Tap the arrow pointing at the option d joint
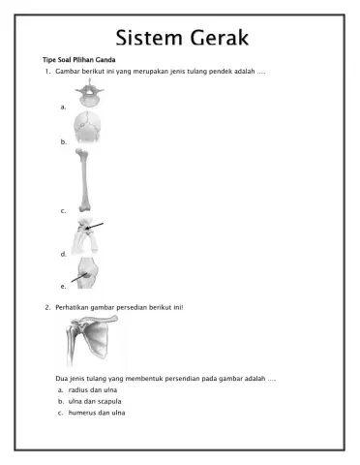click(94, 227)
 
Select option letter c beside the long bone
click(63, 210)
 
